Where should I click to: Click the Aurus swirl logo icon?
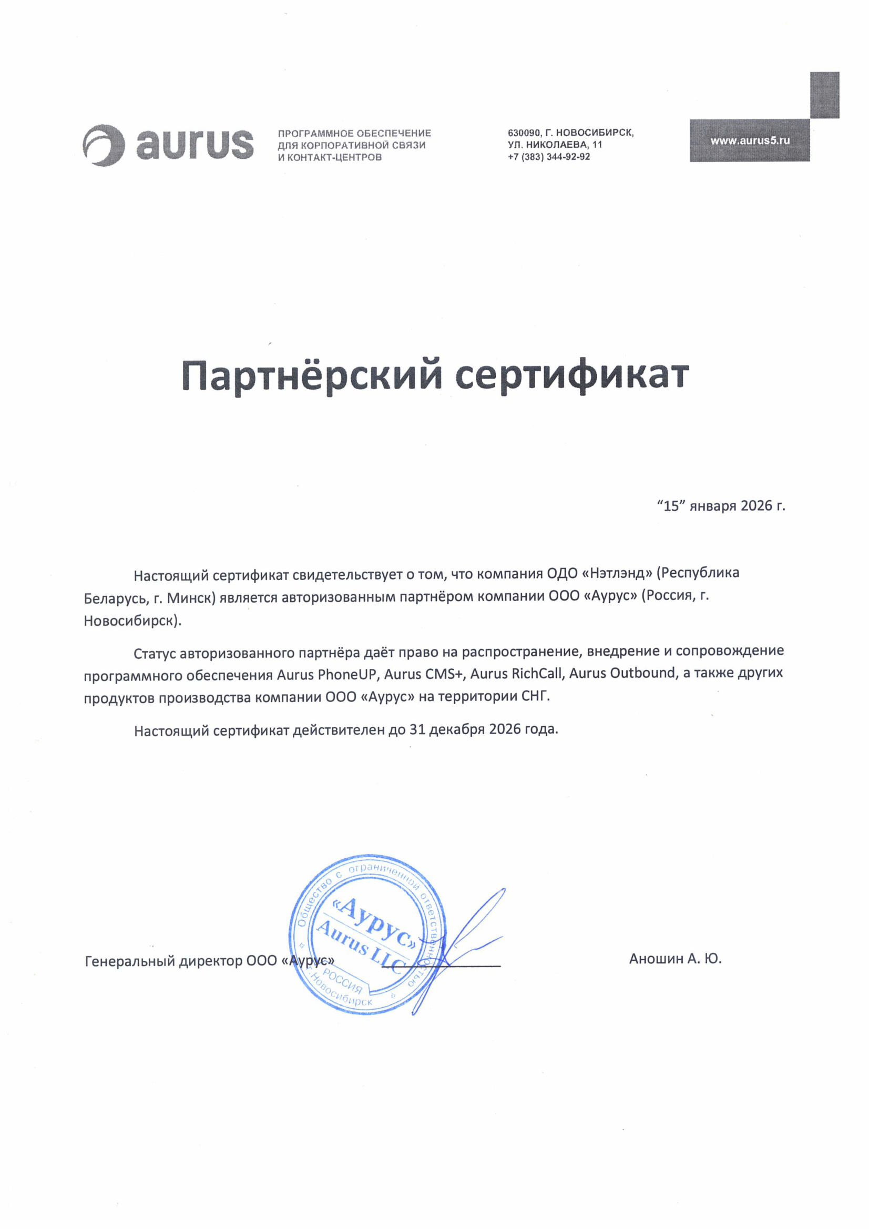(104, 146)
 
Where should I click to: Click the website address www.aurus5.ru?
(750, 141)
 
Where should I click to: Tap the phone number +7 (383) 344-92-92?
(548, 157)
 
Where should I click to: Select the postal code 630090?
(523, 133)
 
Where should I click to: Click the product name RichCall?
(537, 674)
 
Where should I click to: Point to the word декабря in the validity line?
(458, 729)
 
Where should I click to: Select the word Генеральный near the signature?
(130, 961)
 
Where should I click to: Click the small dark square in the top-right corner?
(824, 95)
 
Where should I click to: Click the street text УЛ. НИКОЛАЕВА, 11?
(555, 145)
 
